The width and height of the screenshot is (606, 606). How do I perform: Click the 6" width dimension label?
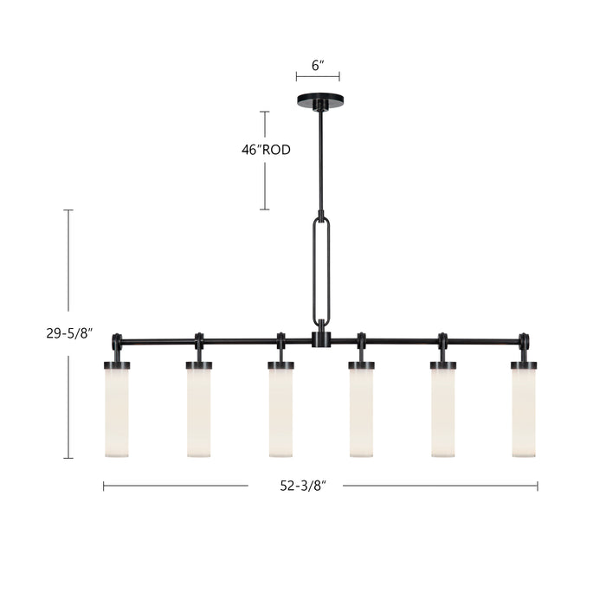click(x=319, y=64)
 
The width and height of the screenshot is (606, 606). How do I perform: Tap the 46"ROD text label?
click(x=266, y=150)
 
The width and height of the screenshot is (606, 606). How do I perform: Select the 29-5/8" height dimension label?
click(x=69, y=332)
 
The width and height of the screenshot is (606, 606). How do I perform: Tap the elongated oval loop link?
click(x=320, y=268)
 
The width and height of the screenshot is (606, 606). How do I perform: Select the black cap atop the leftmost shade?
click(x=117, y=365)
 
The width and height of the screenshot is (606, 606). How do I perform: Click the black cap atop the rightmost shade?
click(x=524, y=365)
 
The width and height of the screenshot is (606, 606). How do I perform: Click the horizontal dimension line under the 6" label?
click(x=319, y=77)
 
